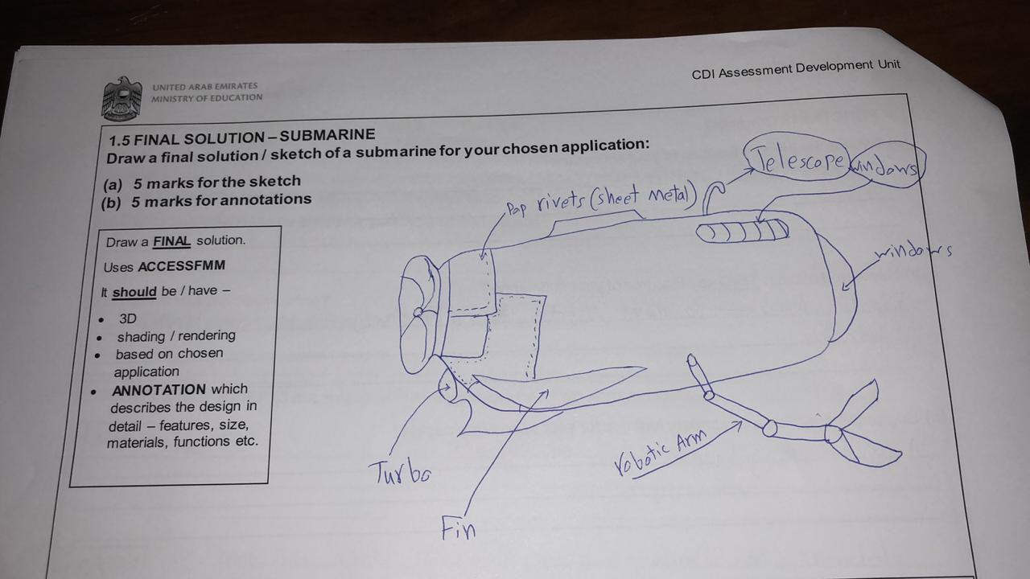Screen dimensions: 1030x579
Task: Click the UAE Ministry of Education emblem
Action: coord(122,98)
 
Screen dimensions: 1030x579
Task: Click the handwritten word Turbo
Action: coord(399,471)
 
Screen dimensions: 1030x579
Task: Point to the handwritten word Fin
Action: coord(458,528)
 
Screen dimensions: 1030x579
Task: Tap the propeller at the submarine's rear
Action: coord(418,314)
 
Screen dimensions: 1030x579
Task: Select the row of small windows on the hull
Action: coord(742,232)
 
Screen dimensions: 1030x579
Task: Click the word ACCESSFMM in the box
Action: coord(181,266)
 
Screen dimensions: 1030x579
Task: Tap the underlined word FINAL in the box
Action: coord(171,240)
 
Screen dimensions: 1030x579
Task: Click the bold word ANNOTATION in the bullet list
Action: coord(159,389)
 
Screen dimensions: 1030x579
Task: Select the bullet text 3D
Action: coord(127,318)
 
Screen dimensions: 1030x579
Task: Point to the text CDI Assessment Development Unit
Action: coord(796,69)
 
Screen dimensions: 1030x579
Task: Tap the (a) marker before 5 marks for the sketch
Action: coord(113,184)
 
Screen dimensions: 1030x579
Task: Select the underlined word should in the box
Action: coord(134,291)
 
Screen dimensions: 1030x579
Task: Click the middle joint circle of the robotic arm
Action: coord(769,428)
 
